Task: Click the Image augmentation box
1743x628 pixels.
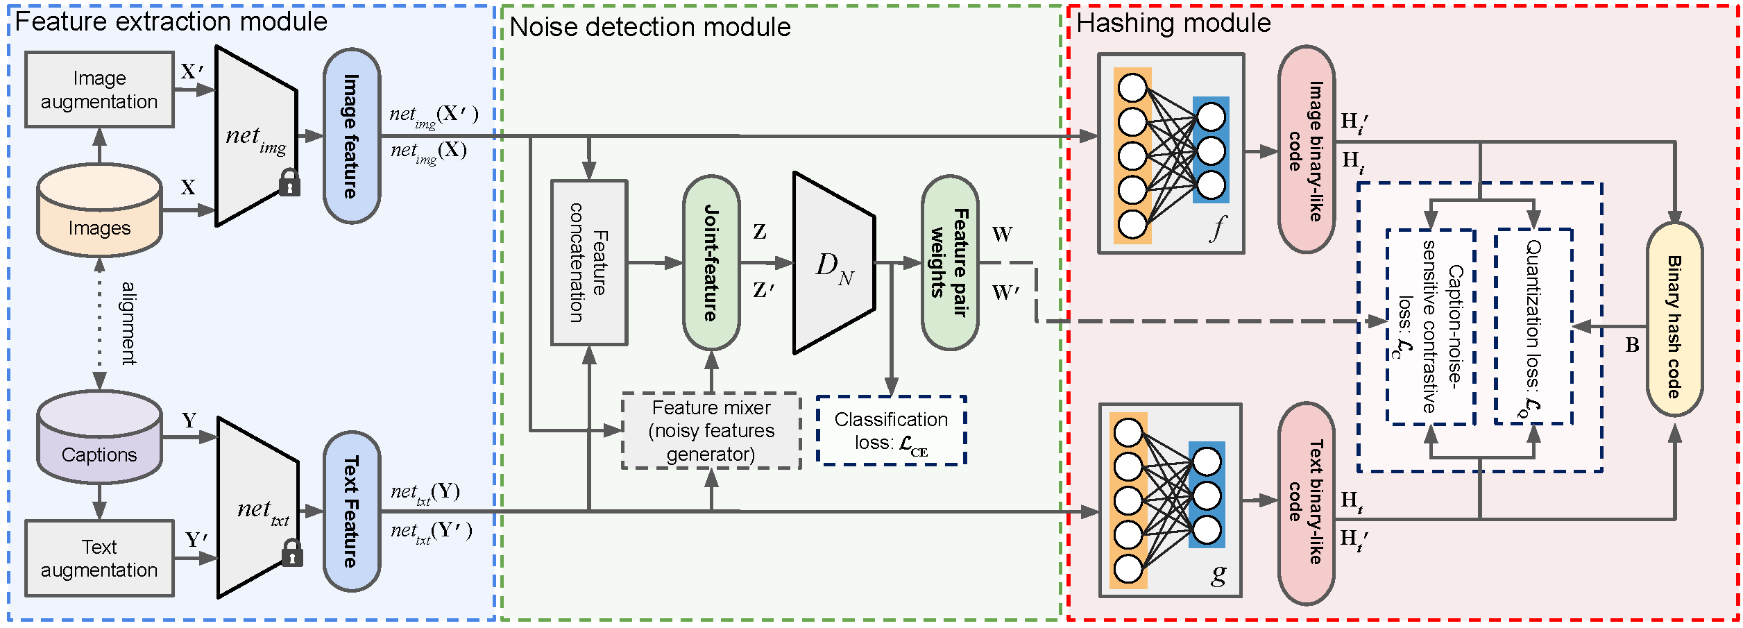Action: pyautogui.click(x=99, y=90)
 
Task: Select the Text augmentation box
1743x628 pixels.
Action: pyautogui.click(x=99, y=558)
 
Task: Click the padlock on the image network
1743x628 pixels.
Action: pyautogui.click(x=289, y=183)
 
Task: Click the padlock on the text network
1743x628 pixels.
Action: pyautogui.click(x=292, y=554)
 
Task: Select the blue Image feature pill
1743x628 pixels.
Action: pyautogui.click(x=352, y=136)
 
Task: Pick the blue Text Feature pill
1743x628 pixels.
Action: pyautogui.click(x=352, y=511)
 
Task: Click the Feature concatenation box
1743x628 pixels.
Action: pyautogui.click(x=589, y=262)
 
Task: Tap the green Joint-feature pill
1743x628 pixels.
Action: pyautogui.click(x=711, y=262)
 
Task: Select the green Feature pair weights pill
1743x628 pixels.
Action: pyautogui.click(x=950, y=262)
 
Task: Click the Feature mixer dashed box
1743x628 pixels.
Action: pyautogui.click(x=711, y=431)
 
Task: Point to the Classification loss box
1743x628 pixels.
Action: pyautogui.click(x=892, y=431)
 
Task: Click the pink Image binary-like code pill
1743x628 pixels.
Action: pyautogui.click(x=1306, y=150)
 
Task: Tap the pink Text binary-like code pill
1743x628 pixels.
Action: pyautogui.click(x=1306, y=503)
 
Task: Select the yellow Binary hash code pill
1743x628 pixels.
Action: pyautogui.click(x=1674, y=320)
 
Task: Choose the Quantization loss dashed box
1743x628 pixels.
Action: pyautogui.click(x=1533, y=327)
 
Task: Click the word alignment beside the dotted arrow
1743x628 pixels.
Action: pyautogui.click(x=128, y=323)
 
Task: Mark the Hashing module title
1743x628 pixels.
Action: pyautogui.click(x=1173, y=24)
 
